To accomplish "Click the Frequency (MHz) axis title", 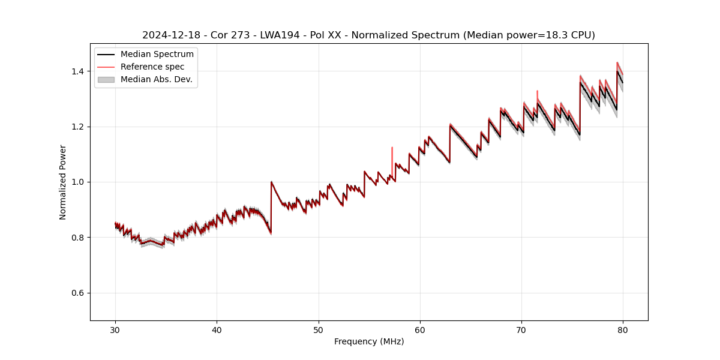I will coord(369,341).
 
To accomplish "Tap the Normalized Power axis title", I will coord(63,182).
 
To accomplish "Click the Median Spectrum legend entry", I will coord(157,55).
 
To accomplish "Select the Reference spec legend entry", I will coord(152,67).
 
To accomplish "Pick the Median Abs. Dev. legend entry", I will coord(156,79).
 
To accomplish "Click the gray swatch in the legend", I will coord(106,79).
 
